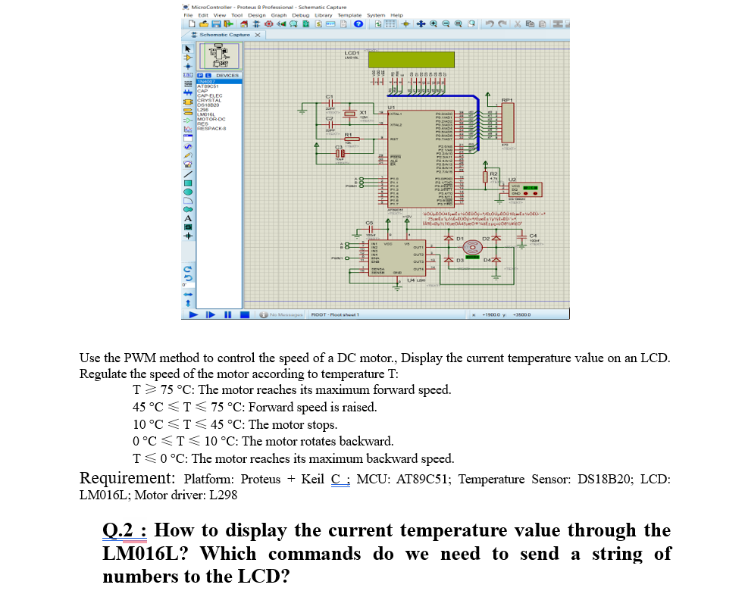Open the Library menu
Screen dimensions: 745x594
[x=323, y=14]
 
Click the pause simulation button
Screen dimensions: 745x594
[x=228, y=314]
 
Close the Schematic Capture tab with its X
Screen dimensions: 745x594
[x=258, y=35]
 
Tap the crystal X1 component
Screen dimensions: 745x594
[x=350, y=114]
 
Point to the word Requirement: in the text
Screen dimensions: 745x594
[x=127, y=479]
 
